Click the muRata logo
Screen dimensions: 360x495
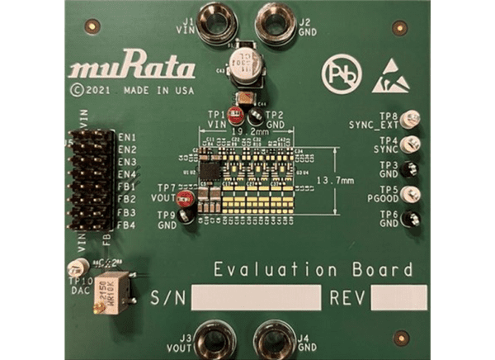tap(133, 68)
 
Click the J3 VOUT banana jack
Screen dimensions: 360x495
tap(215, 339)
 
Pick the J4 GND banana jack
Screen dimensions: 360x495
tap(274, 339)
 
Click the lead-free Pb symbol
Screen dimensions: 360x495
tap(339, 72)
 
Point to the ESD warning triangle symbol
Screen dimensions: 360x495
tap(390, 75)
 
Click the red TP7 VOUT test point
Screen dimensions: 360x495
tap(186, 198)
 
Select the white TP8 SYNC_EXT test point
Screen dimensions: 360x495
tap(410, 120)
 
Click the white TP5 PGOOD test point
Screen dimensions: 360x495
tap(410, 194)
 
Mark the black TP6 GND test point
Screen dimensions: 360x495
tap(410, 219)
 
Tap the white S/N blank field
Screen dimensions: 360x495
tap(256, 297)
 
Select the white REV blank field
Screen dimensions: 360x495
tap(398, 297)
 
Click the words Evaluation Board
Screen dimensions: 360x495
tap(313, 270)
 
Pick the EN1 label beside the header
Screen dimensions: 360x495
tap(126, 136)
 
